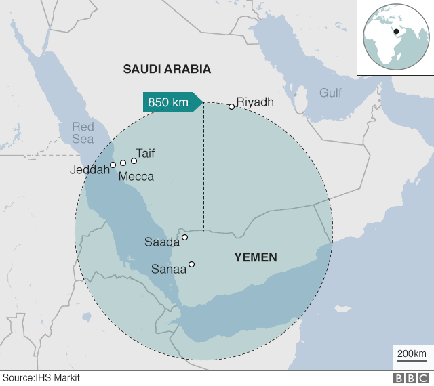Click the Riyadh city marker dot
coord(231,106)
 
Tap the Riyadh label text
coord(255,102)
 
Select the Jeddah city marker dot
coord(113,165)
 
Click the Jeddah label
coord(90,170)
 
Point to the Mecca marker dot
coord(123,163)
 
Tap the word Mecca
coord(136,177)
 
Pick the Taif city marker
coord(134,160)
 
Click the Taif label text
coord(145,153)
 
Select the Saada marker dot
coord(184,238)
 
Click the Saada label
coord(162,242)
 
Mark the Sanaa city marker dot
coord(192,264)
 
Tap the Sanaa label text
coord(169,269)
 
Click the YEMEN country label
coord(256,257)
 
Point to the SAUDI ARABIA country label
coord(167,69)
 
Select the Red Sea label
coord(83,133)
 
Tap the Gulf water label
coord(331,93)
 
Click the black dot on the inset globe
coord(396,31)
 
